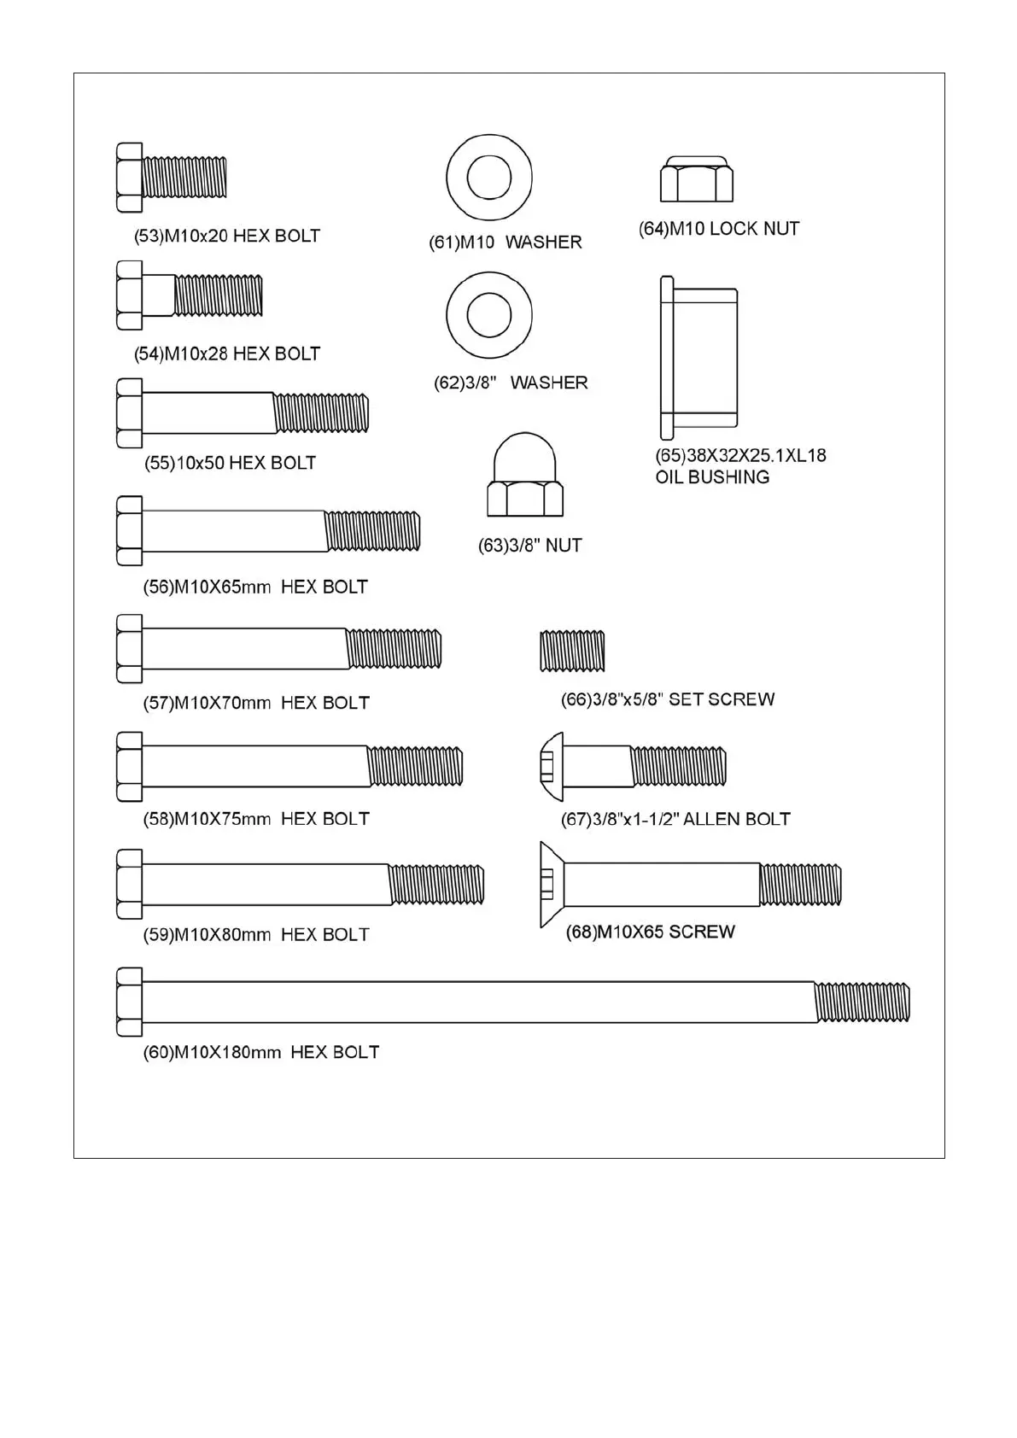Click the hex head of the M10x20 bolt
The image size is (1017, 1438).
(x=129, y=178)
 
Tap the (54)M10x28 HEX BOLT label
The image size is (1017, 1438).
(x=227, y=354)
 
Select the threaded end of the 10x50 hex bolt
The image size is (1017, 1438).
(x=321, y=413)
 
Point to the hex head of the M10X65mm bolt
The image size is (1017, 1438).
(x=129, y=530)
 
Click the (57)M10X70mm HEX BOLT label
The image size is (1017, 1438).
(x=256, y=703)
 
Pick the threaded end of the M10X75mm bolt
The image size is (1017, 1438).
(x=416, y=766)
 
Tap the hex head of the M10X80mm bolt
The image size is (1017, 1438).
(x=129, y=884)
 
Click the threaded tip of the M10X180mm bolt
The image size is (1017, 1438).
(x=862, y=1002)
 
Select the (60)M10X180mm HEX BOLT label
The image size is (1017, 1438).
(x=260, y=1052)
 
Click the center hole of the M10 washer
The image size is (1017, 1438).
(x=489, y=178)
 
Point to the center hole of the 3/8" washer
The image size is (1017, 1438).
(x=489, y=315)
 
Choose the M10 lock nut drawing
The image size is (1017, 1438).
(x=697, y=179)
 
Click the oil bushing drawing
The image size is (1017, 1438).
(x=698, y=358)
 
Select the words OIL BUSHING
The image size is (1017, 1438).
(x=712, y=477)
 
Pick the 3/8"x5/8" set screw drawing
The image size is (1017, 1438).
(x=572, y=651)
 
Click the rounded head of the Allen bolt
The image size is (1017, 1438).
(x=552, y=766)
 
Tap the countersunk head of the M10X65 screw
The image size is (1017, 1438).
(x=552, y=884)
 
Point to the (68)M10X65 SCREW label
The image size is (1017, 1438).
(x=650, y=932)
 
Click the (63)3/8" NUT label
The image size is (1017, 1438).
(x=529, y=546)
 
